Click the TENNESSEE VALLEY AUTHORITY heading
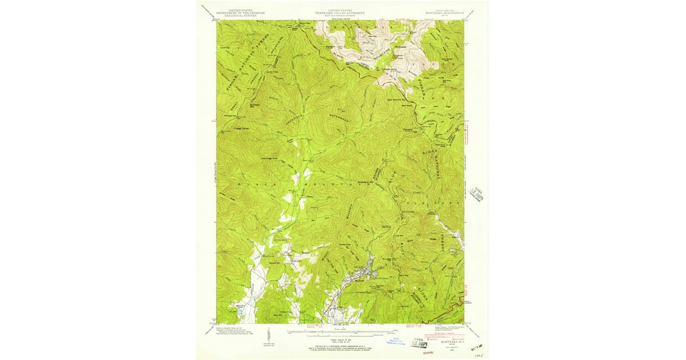(342, 13)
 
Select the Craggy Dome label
(227, 128)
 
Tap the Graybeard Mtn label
(365, 183)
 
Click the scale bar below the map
(342, 330)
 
